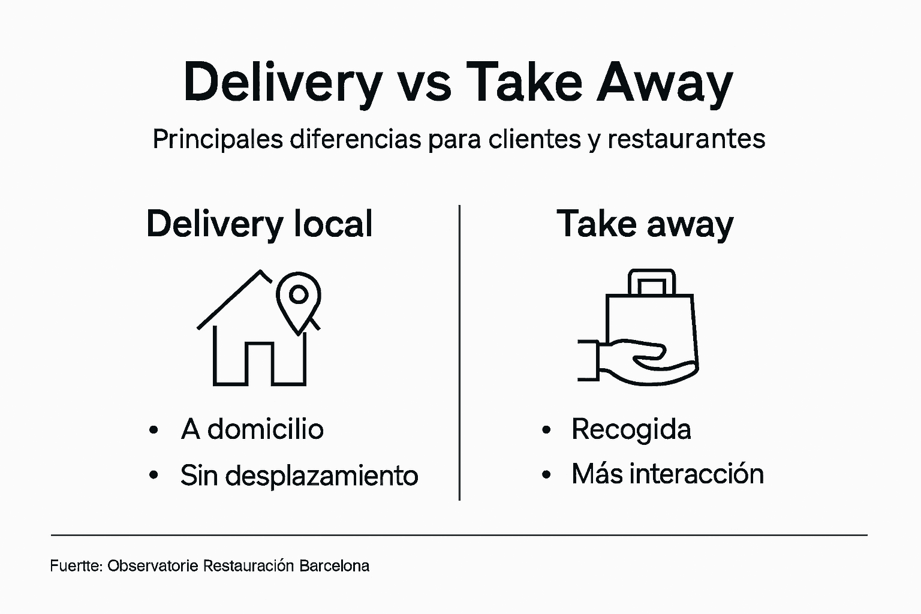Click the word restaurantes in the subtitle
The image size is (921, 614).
click(686, 139)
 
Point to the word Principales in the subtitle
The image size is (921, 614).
click(218, 139)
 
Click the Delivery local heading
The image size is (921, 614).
click(259, 224)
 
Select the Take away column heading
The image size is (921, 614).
click(645, 224)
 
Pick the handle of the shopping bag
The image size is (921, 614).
click(652, 282)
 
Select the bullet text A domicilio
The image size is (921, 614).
click(252, 429)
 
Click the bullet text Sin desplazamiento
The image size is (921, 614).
click(299, 475)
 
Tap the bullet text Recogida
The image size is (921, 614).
click(631, 429)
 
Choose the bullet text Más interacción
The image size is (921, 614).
click(667, 474)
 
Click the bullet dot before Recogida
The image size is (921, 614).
click(546, 430)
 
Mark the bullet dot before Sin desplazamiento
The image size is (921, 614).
click(154, 475)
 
